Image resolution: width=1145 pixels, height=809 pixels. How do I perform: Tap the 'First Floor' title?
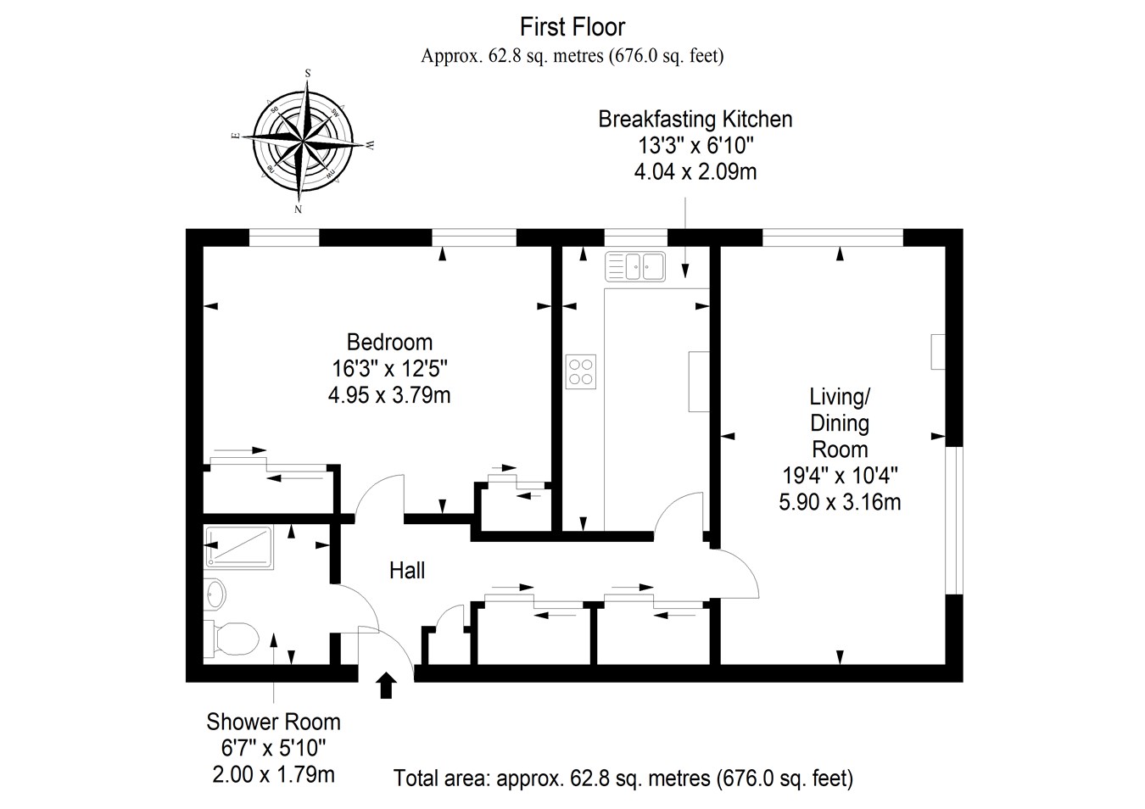pos(572,27)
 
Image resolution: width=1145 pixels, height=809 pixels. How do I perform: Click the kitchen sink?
pos(635,266)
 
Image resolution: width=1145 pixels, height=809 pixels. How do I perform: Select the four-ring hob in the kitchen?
pos(581,371)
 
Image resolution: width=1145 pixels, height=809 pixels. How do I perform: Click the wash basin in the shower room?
pos(215,593)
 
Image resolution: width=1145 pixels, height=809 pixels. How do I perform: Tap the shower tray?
pos(238,547)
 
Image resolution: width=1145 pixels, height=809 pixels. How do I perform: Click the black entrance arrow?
pos(386,684)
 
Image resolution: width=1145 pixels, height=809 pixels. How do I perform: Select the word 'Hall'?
pos(407,571)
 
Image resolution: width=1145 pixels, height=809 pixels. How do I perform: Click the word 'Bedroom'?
pos(389,342)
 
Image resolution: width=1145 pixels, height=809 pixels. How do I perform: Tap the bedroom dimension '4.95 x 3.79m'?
pos(389,394)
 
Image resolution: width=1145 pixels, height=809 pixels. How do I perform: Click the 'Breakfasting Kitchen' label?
pos(695,119)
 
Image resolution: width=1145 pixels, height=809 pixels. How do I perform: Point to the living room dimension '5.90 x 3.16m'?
pos(840,502)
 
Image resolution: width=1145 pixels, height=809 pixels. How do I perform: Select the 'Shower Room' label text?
pos(273,722)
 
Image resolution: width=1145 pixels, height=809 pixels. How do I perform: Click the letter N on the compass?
pos(298,209)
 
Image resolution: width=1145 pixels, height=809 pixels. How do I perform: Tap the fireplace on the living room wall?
pos(938,352)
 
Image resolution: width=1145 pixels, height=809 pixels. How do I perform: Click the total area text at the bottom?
pos(623,778)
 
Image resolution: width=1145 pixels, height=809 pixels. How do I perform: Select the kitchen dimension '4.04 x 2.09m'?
pos(695,172)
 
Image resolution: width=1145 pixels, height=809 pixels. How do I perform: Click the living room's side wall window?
pos(954,520)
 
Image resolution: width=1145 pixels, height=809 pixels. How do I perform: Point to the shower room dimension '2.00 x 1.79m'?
pos(273,774)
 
